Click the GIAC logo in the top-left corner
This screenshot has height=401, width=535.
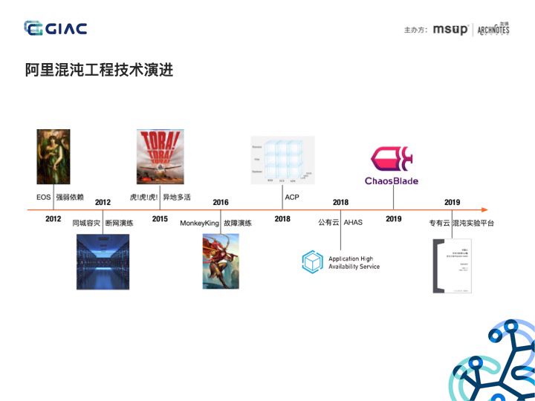(x=55, y=28)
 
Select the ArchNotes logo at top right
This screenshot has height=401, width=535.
(x=493, y=29)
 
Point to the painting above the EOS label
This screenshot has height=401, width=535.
(x=53, y=157)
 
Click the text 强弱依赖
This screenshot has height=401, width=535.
(x=70, y=198)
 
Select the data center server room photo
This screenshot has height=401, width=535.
(x=103, y=261)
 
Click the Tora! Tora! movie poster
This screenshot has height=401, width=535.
(x=160, y=157)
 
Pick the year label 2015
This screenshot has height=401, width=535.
(x=160, y=219)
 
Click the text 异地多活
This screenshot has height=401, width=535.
(x=177, y=198)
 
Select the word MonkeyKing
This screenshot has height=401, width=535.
(x=200, y=223)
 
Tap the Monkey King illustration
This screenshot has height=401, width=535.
(x=221, y=261)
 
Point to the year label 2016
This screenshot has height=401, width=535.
(x=221, y=202)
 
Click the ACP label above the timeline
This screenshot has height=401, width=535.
(x=292, y=198)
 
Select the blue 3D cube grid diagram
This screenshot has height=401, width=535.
(x=282, y=160)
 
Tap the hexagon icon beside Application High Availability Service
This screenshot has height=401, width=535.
(x=312, y=262)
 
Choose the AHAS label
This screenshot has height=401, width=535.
(x=353, y=223)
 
